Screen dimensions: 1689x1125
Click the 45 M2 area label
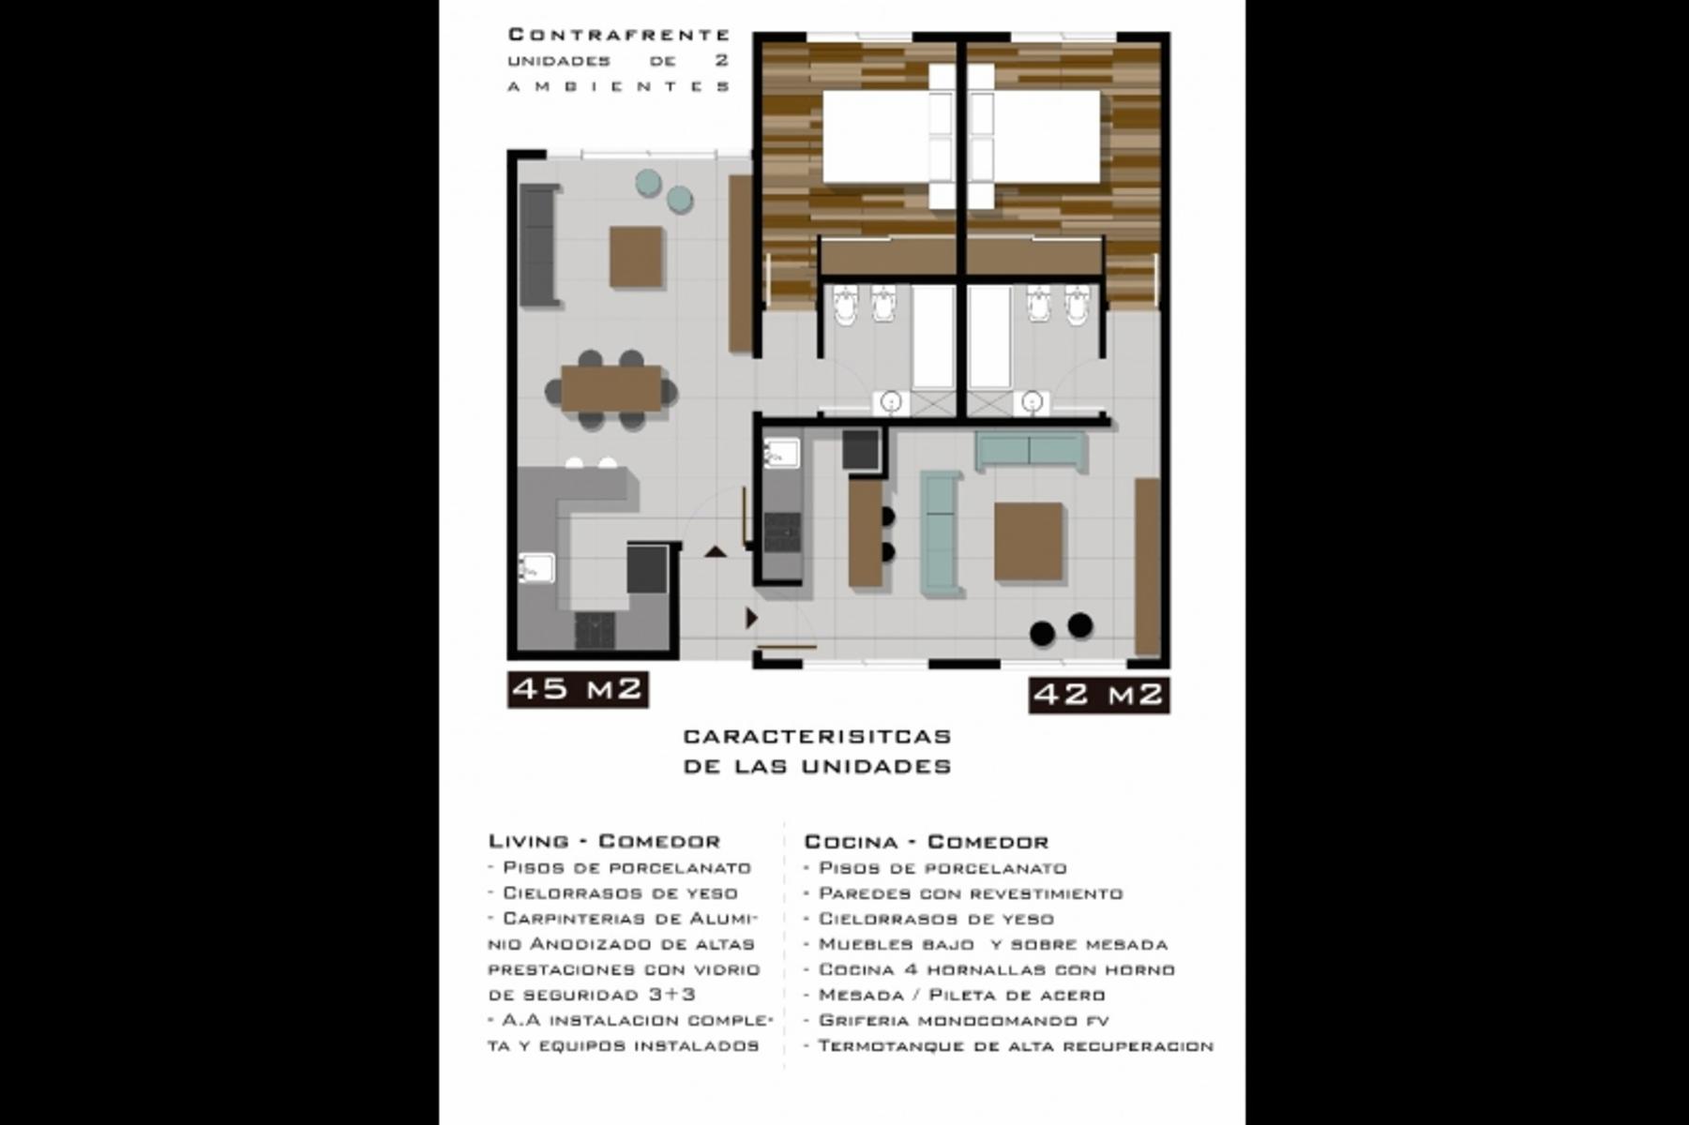(x=578, y=689)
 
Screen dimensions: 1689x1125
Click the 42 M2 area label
(x=1098, y=695)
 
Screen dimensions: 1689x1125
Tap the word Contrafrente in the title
(x=619, y=36)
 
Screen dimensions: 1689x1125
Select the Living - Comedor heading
(x=604, y=841)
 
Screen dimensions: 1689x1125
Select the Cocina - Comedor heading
(x=927, y=842)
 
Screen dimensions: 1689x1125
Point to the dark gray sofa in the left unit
(x=538, y=245)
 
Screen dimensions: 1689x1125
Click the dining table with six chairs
(x=611, y=388)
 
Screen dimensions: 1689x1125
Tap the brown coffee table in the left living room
(x=637, y=257)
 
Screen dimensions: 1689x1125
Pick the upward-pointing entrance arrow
(x=716, y=551)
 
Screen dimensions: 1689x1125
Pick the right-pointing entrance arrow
(x=751, y=619)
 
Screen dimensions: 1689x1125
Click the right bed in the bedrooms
(x=1047, y=137)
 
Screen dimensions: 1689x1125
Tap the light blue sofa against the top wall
(x=1031, y=451)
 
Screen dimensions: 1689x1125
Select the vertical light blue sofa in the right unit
(x=941, y=533)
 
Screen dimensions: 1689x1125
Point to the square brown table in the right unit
(x=1029, y=542)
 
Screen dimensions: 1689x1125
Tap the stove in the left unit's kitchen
(x=595, y=630)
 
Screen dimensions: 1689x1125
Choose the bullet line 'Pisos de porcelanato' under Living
(x=620, y=868)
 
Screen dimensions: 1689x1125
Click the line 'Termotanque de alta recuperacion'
(x=1009, y=1045)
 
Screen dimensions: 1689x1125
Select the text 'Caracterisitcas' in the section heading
(x=817, y=737)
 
